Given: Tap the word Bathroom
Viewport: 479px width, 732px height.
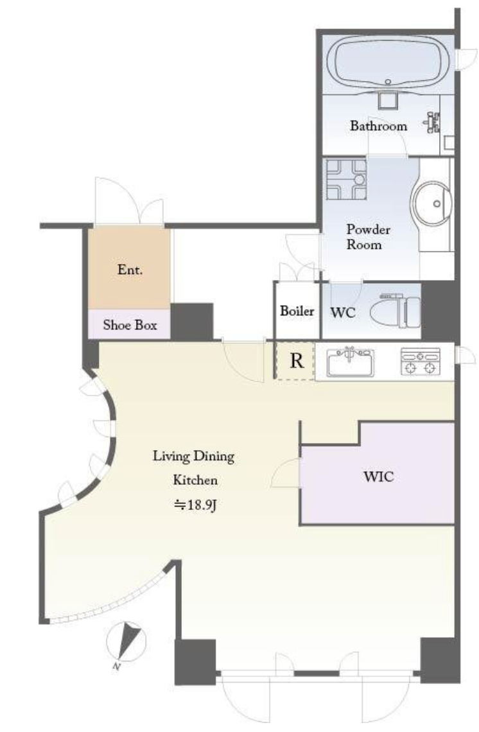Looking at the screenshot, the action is point(378,126).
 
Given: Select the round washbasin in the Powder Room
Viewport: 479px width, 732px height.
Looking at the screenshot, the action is point(431,204).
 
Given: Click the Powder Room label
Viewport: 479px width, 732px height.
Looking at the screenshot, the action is point(368,237).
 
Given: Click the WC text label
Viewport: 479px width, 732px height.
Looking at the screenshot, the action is point(343,312).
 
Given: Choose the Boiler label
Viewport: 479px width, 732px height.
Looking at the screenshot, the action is point(297,311).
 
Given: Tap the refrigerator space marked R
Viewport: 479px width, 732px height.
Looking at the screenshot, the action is point(295,361).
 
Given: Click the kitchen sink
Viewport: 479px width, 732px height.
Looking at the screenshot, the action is point(350,362).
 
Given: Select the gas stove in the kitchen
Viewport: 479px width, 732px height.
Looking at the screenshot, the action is point(420,362).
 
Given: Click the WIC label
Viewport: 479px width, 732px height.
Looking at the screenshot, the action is point(379,476).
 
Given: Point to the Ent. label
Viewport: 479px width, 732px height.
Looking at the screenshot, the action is point(130,270).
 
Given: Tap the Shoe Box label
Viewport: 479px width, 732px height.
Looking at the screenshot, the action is point(130,325).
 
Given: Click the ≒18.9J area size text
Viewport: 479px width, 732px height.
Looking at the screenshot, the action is point(195,505).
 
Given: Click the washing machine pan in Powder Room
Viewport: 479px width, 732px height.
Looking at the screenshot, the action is point(346,179).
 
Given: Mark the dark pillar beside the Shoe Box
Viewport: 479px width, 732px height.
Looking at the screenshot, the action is point(192,322).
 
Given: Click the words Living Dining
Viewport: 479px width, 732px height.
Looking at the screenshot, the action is point(194,457).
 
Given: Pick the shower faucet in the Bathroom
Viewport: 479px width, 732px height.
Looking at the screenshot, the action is point(432,122).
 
